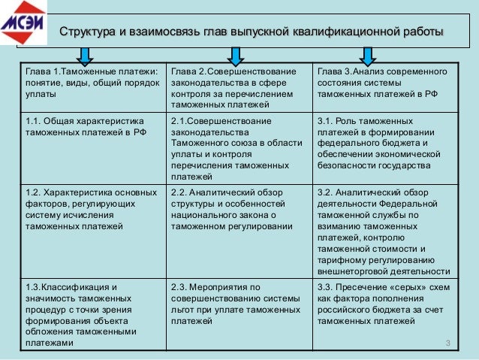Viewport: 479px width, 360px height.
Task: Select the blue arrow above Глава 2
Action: (x=235, y=55)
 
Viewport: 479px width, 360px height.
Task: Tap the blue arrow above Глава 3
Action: (x=368, y=55)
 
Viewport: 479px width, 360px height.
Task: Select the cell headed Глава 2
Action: (x=240, y=87)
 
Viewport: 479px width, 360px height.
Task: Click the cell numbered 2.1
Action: (x=240, y=147)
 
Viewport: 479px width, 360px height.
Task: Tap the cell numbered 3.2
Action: (x=385, y=230)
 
